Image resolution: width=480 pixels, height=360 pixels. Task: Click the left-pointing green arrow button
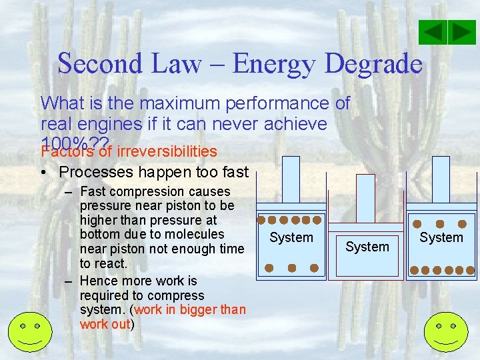435,33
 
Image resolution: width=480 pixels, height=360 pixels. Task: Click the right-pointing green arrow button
462,33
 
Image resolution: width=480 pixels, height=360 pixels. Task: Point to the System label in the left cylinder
291,237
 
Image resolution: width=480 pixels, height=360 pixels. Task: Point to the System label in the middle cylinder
367,247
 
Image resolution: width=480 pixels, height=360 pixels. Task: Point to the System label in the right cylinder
441,237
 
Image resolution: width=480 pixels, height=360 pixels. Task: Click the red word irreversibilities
167,151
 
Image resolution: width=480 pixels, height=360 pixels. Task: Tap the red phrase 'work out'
105,325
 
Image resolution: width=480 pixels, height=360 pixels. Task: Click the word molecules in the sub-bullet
194,234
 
